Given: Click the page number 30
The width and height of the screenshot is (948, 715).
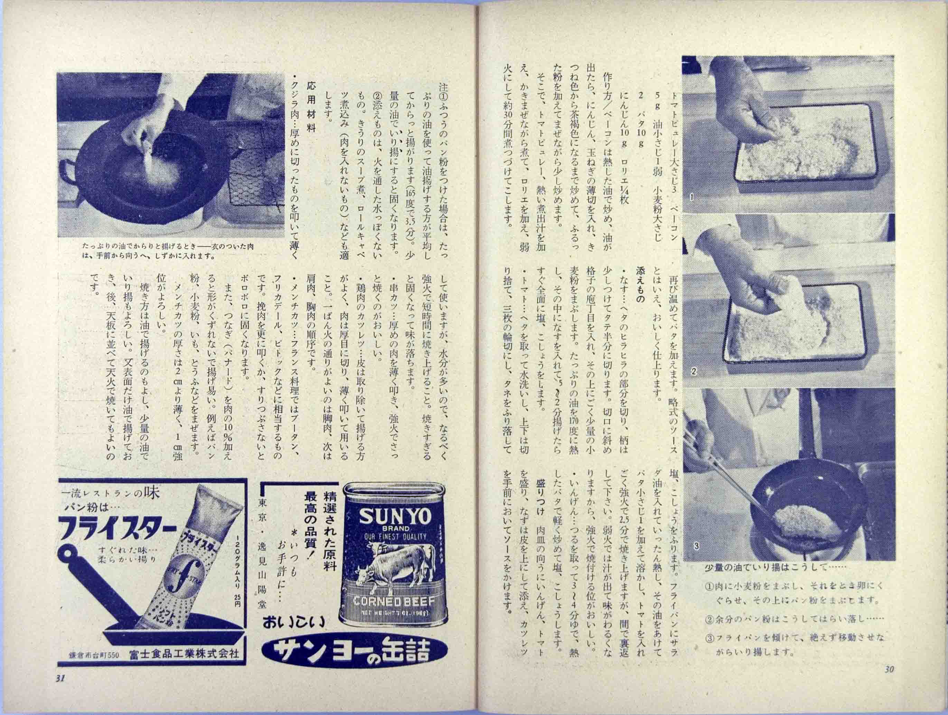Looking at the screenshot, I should click(x=889, y=681).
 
